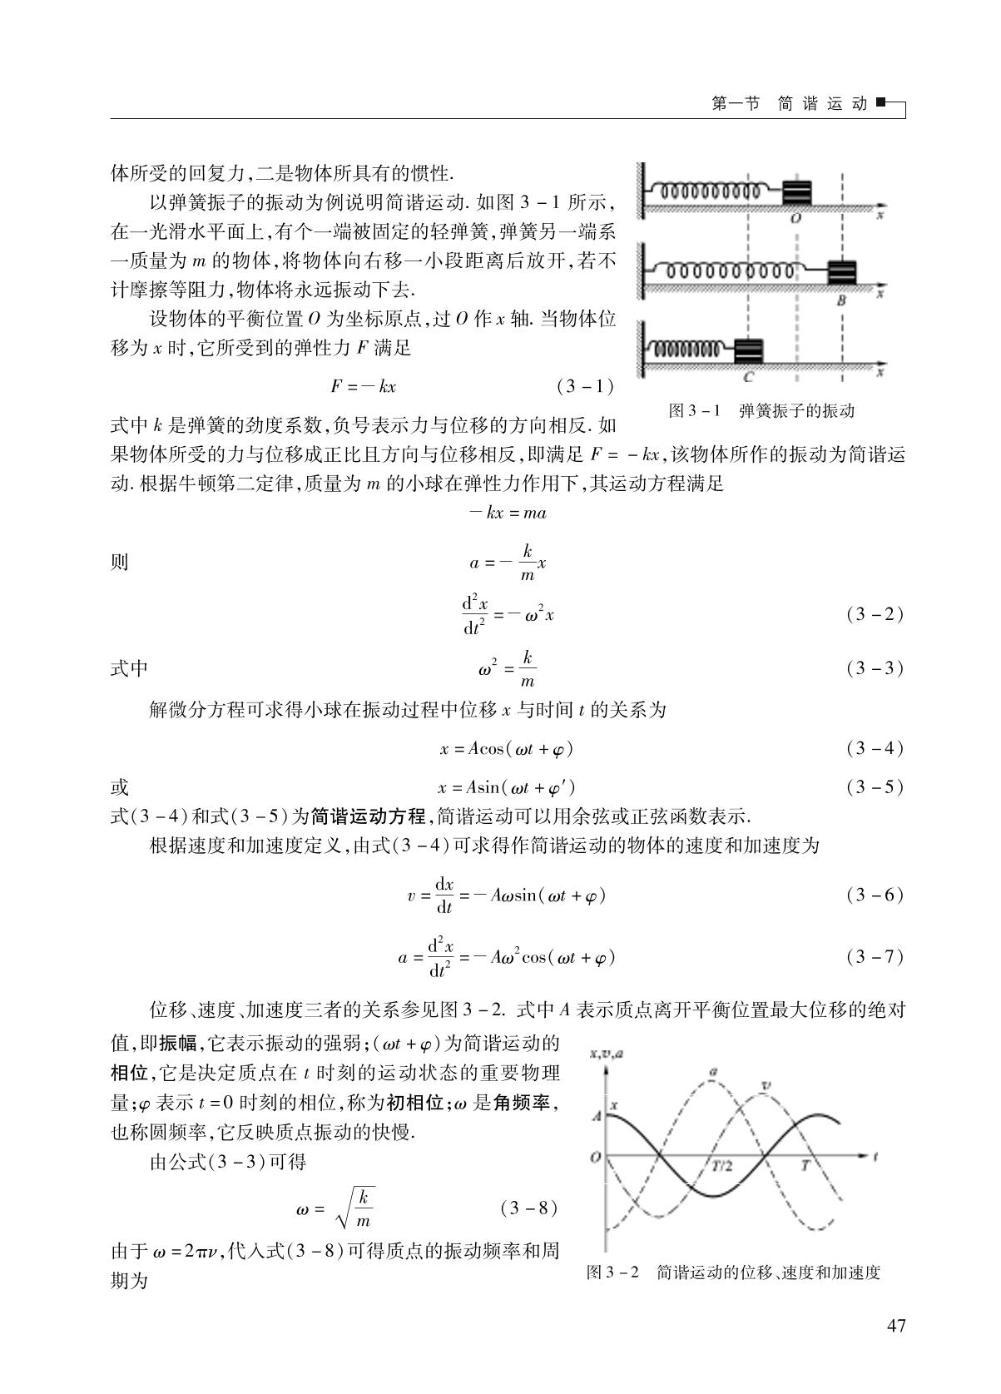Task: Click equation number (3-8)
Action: [529, 1207]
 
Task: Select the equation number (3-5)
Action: [875, 786]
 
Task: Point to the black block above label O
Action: [796, 194]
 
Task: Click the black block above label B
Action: [841, 272]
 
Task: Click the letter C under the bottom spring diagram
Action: [748, 377]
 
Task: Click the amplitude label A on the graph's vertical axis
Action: [597, 1116]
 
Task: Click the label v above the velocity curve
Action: [766, 1085]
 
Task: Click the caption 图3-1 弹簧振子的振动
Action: [761, 410]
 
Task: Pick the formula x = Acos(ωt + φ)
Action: [506, 749]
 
